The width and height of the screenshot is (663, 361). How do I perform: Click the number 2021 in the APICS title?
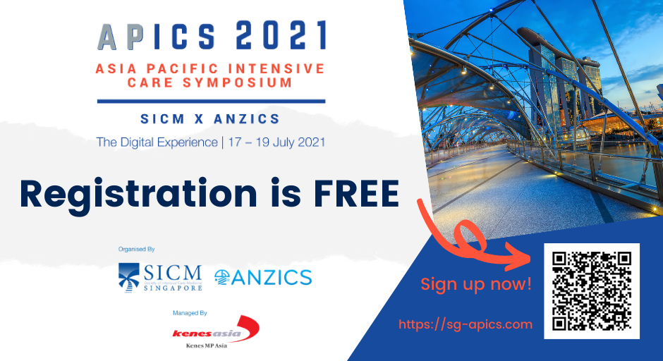coord(280,35)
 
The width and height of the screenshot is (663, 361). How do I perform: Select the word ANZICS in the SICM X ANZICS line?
coord(247,118)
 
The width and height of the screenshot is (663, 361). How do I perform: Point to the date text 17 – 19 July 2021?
coord(276,142)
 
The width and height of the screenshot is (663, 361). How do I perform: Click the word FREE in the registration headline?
coord(356,194)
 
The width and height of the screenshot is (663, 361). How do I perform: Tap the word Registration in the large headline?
coord(138,196)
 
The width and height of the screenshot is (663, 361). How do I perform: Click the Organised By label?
coord(137,249)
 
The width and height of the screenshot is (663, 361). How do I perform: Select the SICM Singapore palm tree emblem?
coord(128,277)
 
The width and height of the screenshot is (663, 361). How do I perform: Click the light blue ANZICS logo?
coord(263,277)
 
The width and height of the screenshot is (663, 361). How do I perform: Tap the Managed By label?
coord(190,313)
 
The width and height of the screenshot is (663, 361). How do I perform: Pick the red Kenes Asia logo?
coord(216,330)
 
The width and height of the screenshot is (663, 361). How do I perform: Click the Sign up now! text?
coord(476,284)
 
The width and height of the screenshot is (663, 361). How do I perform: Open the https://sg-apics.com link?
coord(466,324)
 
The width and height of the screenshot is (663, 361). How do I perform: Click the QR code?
coord(592,290)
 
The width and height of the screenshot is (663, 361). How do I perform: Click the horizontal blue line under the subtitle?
coord(211,102)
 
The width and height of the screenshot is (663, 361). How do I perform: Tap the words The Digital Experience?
coord(157,142)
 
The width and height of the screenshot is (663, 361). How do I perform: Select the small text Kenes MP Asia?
coord(207,345)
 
